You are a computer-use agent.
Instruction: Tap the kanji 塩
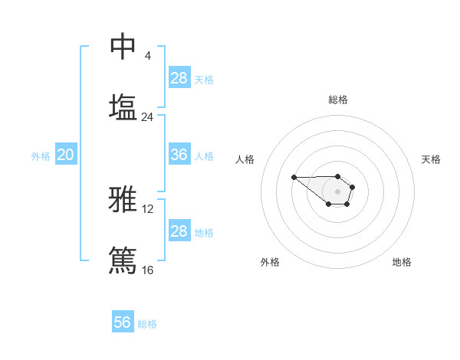pos(123,107)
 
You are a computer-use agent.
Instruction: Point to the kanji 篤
pos(123,260)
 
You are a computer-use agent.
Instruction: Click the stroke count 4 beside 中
pos(147,56)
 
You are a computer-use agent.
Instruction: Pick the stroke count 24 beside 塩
pos(147,117)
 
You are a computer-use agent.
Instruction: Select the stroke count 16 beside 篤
pos(147,270)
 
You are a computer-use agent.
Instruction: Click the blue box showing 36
pos(179,155)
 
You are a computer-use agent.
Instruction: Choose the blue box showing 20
pos(66,155)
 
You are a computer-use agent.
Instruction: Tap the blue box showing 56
pos(123,322)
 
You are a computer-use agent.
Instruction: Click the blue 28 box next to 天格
pos(179,78)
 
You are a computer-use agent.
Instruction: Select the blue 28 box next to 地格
pos(179,231)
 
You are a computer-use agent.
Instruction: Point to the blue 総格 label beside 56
pos(147,324)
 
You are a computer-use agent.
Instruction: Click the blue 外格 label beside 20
pos(41,156)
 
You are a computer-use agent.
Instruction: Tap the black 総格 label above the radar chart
pos(337,100)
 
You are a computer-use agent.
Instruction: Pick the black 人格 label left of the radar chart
pos(245,159)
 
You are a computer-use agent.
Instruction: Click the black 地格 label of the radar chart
pos(402,263)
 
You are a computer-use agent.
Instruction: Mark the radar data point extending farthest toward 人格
pos(294,178)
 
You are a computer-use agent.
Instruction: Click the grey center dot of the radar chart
pos(337,191)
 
